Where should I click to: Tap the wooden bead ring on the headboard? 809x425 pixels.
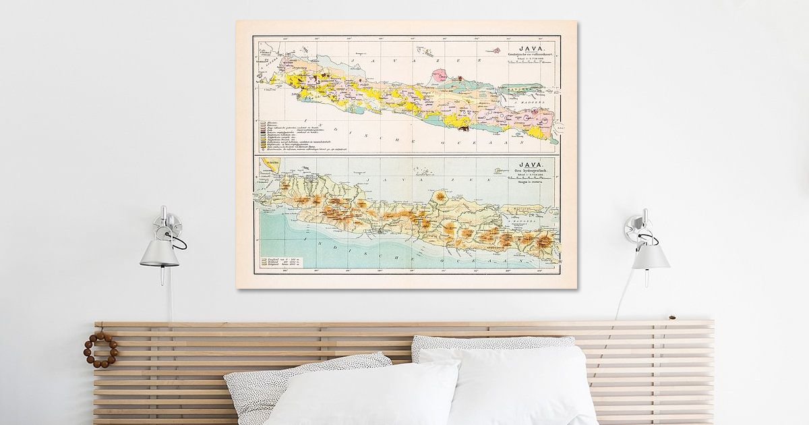pyautogui.click(x=100, y=349)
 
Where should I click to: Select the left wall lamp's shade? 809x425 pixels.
pyautogui.click(x=159, y=253)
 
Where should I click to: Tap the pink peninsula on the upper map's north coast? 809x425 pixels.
pyautogui.click(x=442, y=76)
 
